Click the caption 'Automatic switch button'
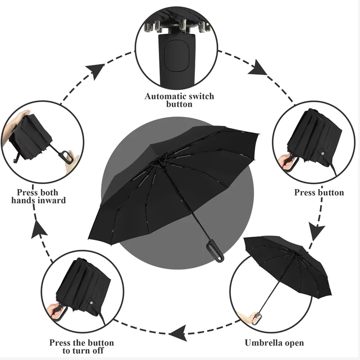(x=179, y=100)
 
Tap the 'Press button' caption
(x=319, y=193)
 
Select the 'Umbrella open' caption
(x=274, y=343)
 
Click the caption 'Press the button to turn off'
(x=81, y=347)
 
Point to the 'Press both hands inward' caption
(x=39, y=197)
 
